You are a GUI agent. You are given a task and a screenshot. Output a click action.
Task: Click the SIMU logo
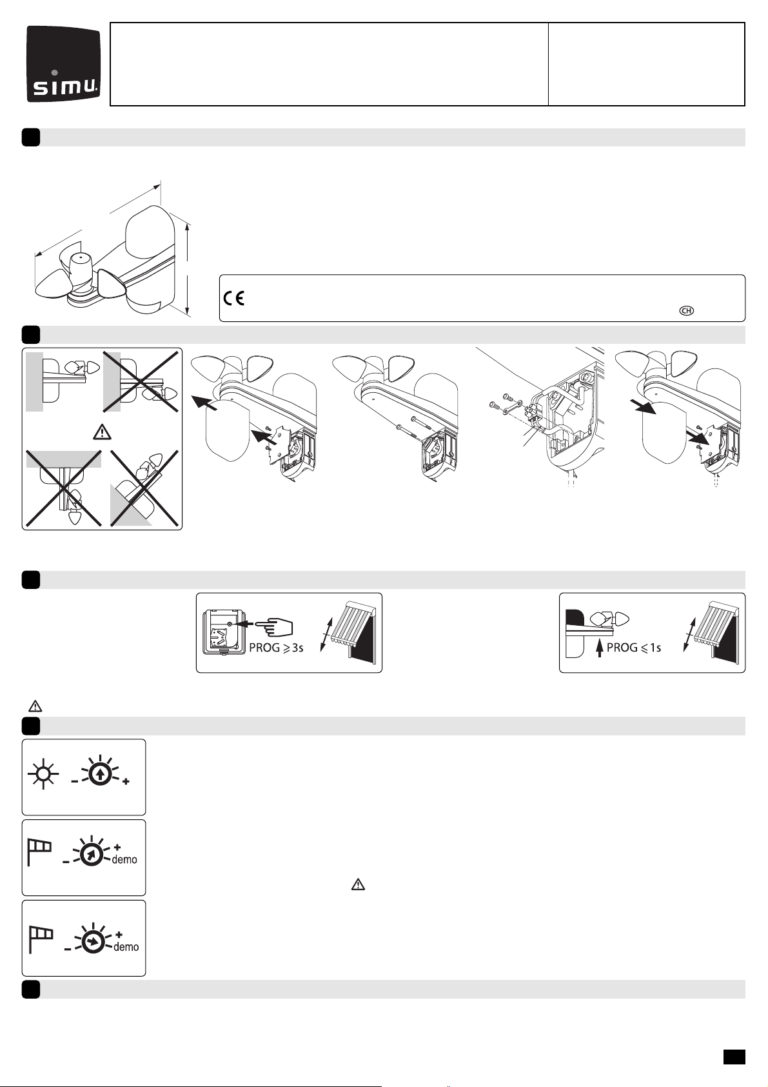coord(64,64)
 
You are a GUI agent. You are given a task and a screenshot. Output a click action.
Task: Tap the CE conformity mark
coord(234,298)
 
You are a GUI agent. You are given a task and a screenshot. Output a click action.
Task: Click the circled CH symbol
coord(686,310)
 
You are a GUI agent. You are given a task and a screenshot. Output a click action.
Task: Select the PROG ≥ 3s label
coord(276,647)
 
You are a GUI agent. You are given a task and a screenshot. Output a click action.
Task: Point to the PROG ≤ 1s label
coord(634,647)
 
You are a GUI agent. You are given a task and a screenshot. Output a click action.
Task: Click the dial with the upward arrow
coord(99,775)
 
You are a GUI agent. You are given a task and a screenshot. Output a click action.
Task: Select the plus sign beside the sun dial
coord(126,782)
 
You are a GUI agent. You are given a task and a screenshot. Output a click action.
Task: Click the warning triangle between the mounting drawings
coord(102,431)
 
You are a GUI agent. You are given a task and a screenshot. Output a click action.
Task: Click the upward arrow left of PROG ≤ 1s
coord(600,647)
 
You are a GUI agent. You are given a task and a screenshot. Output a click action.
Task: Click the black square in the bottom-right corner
coord(734,1057)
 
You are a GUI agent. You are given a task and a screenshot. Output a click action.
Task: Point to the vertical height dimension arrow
coord(188,270)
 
